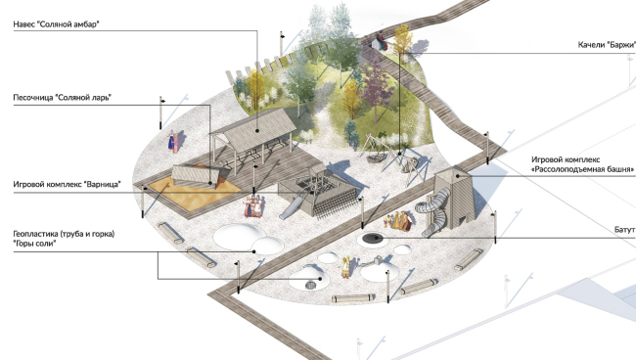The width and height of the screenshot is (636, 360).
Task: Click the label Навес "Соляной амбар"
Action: click(x=57, y=24)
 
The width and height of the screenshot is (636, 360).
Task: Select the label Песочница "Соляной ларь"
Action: click(x=63, y=98)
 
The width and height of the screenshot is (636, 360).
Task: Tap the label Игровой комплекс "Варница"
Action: click(x=67, y=185)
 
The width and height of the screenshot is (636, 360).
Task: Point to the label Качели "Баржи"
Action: click(x=607, y=45)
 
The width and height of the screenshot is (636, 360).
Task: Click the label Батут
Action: click(x=624, y=230)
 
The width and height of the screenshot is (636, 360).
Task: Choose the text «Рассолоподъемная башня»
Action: click(x=583, y=169)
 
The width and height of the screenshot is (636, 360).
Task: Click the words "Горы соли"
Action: click(x=34, y=244)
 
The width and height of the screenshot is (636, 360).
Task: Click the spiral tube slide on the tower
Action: click(x=433, y=210)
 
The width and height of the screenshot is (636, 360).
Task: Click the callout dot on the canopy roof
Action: click(x=257, y=130)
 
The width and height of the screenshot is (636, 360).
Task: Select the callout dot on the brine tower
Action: click(x=457, y=176)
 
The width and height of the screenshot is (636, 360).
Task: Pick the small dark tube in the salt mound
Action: click(x=311, y=286)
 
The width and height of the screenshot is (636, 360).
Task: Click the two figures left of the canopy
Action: click(x=174, y=141)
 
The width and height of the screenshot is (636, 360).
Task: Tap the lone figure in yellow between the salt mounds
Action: click(x=345, y=267)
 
